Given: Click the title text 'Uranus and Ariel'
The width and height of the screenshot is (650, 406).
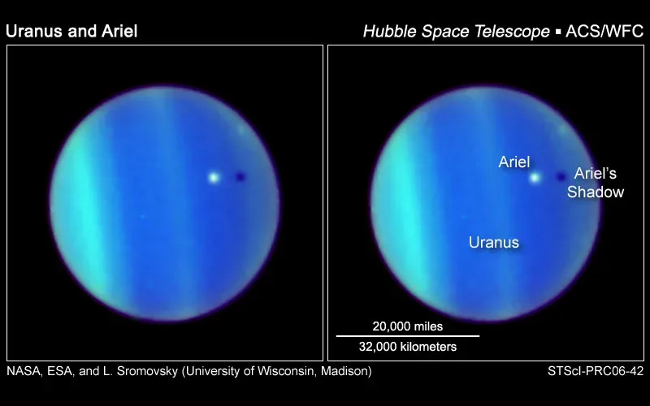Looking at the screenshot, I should (71, 32).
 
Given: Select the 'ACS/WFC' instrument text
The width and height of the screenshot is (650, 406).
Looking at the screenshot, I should (603, 32).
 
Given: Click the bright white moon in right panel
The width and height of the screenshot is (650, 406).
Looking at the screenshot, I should (535, 176).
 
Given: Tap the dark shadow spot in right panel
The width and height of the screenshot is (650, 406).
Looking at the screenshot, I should (561, 176).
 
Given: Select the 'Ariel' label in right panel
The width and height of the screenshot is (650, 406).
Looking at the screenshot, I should (514, 162).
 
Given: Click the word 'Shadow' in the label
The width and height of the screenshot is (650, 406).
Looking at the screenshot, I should (596, 192).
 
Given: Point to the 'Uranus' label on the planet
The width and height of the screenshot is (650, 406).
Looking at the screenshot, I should (493, 242).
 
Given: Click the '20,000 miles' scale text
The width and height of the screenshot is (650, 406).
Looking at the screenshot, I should (408, 326).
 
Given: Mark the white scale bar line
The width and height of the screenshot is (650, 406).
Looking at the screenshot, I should (408, 336).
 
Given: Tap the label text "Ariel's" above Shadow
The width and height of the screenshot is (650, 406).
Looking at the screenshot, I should (596, 173).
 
